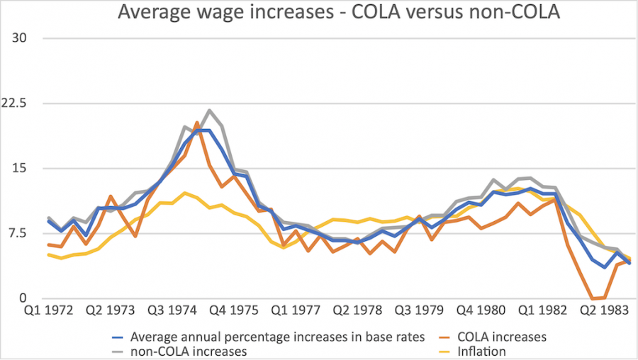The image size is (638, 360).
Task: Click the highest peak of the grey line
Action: click(209, 111)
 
